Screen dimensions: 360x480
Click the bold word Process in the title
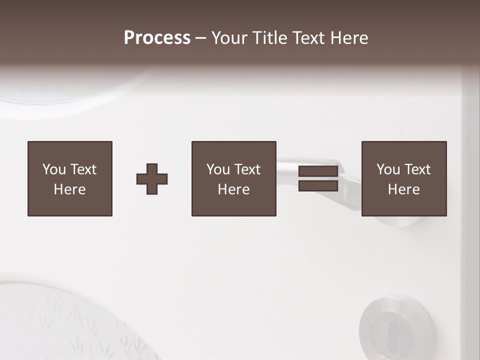point(157,38)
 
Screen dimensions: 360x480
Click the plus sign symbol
point(152,179)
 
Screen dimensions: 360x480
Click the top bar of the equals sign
point(318,171)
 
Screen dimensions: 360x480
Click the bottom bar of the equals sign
point(318,186)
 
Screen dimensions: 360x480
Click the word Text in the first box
point(83,169)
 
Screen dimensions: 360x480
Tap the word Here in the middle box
point(233,189)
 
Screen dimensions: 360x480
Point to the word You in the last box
point(388,169)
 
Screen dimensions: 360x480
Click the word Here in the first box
point(69,189)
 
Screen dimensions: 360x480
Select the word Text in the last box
point(417,169)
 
